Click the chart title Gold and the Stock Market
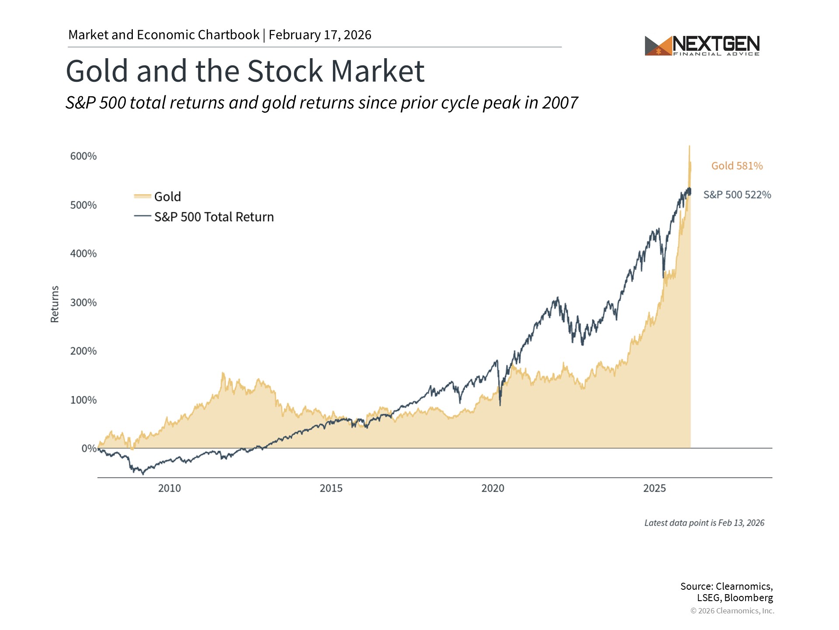245,71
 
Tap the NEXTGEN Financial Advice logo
702,45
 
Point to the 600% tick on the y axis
83,156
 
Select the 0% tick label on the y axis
89,448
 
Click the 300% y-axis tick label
83,302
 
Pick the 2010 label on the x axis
169,488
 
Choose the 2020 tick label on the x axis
492,488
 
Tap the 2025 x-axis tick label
654,488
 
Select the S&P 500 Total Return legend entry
204,217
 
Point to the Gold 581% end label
737,166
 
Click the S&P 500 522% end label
737,195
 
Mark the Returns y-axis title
55,304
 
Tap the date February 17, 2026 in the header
320,35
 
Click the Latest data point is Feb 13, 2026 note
704,523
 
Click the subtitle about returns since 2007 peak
322,103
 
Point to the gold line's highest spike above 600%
690,147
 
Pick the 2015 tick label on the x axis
331,488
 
